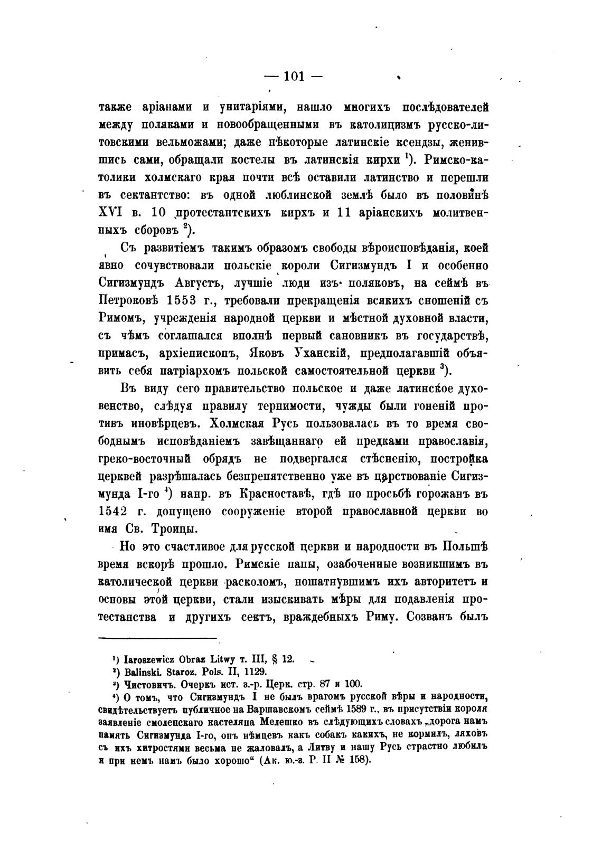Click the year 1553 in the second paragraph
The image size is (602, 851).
click(x=190, y=300)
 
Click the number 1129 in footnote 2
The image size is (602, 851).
click(x=256, y=672)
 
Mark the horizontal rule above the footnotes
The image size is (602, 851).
click(x=158, y=638)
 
